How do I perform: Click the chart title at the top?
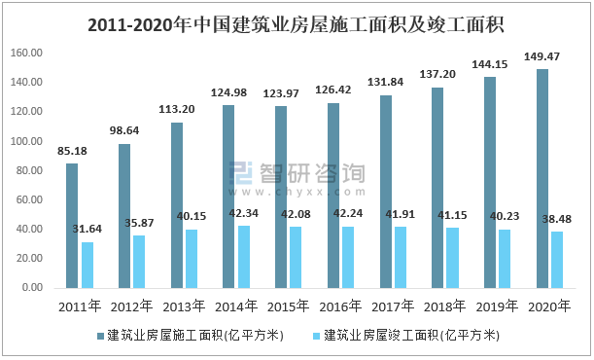(297, 22)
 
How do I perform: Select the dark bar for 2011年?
(72, 226)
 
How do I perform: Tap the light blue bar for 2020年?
(556, 260)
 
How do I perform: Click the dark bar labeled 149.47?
(542, 179)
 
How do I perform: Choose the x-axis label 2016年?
(339, 306)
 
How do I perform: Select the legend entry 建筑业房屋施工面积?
(192, 335)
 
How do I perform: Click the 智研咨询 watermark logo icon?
(241, 173)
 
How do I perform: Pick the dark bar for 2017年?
(385, 192)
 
